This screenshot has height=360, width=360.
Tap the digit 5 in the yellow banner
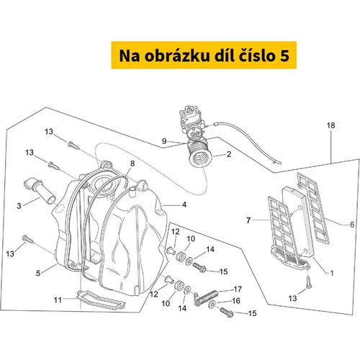[284, 56]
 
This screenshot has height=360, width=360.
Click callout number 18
[330, 125]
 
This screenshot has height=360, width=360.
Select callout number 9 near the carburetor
[164, 141]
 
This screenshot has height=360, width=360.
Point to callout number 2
[229, 154]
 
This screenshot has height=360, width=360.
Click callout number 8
[132, 163]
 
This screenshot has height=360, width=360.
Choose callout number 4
[184, 204]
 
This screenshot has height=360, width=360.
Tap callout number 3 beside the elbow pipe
[19, 206]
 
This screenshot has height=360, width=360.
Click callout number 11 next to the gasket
[58, 300]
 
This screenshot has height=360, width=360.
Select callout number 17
[238, 289]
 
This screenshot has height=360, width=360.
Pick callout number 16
[236, 301]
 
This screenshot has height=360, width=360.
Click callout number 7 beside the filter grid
[248, 220]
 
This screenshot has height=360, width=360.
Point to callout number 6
[352, 225]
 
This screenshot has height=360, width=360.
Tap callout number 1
[332, 273]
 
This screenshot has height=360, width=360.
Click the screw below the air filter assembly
[309, 282]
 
